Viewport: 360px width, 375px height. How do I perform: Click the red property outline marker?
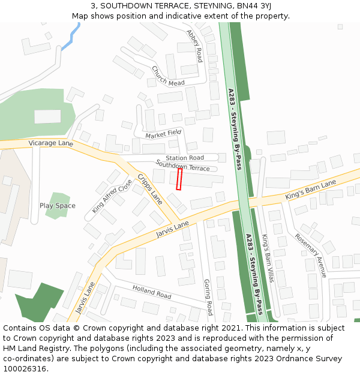179,179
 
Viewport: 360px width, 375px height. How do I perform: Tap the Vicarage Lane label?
50,143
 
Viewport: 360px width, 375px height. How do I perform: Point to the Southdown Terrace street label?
182,165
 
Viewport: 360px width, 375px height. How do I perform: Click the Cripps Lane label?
150,189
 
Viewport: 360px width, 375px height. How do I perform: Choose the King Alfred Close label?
112,196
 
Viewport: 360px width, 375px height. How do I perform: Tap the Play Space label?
58,206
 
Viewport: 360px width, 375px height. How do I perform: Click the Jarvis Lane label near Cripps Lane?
172,229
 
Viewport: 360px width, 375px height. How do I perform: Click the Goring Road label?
208,296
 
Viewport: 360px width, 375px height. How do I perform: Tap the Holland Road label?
152,292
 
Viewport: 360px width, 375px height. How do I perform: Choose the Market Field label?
163,133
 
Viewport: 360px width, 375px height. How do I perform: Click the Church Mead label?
168,76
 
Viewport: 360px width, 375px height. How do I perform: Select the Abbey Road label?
194,46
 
